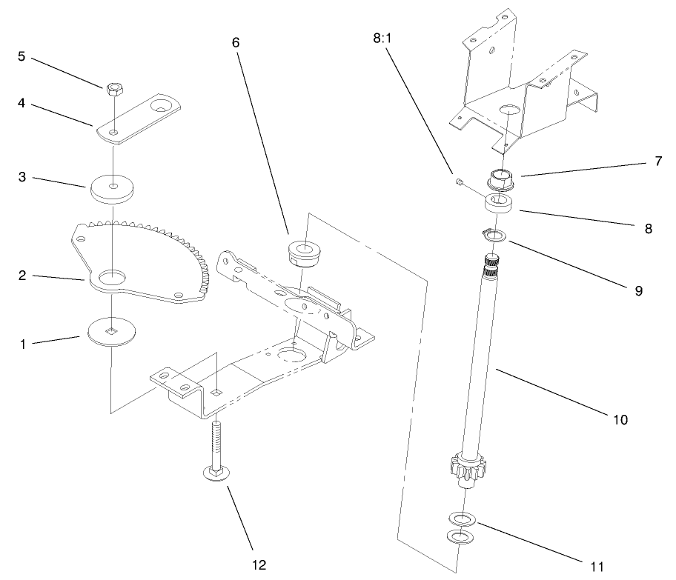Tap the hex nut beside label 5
pos(113,88)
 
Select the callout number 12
pos(258,565)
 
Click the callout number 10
pos(620,419)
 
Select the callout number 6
pos(236,42)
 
